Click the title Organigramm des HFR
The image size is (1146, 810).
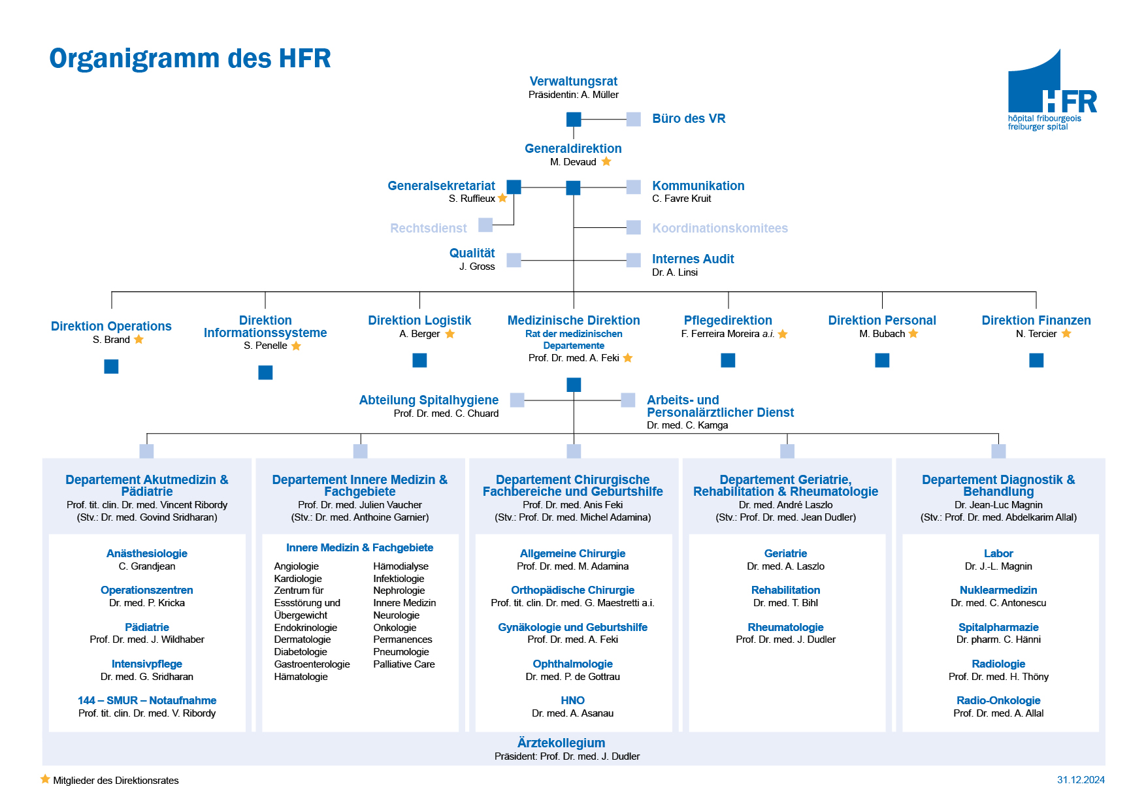(x=190, y=58)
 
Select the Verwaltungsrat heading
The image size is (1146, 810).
(x=573, y=81)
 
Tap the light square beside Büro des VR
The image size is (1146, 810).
(x=633, y=119)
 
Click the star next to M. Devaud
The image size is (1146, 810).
(x=606, y=161)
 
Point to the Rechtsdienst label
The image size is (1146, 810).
(x=429, y=228)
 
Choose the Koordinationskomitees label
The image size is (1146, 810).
(x=720, y=228)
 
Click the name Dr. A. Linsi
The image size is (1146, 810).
(x=675, y=272)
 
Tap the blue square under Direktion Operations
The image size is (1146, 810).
(x=111, y=366)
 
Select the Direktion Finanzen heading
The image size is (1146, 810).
(x=1036, y=320)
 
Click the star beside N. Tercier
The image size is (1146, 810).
(x=1066, y=333)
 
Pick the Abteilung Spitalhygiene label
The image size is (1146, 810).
(x=429, y=400)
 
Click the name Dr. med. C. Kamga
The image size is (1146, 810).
(x=687, y=425)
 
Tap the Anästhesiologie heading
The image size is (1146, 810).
(x=147, y=553)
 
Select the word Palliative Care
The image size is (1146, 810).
(x=404, y=664)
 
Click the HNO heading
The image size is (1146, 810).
(x=573, y=700)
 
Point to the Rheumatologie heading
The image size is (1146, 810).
(x=785, y=627)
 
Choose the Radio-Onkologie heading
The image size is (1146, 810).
(x=998, y=700)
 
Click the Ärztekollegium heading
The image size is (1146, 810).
(x=561, y=743)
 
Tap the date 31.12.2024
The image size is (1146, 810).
(x=1081, y=780)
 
